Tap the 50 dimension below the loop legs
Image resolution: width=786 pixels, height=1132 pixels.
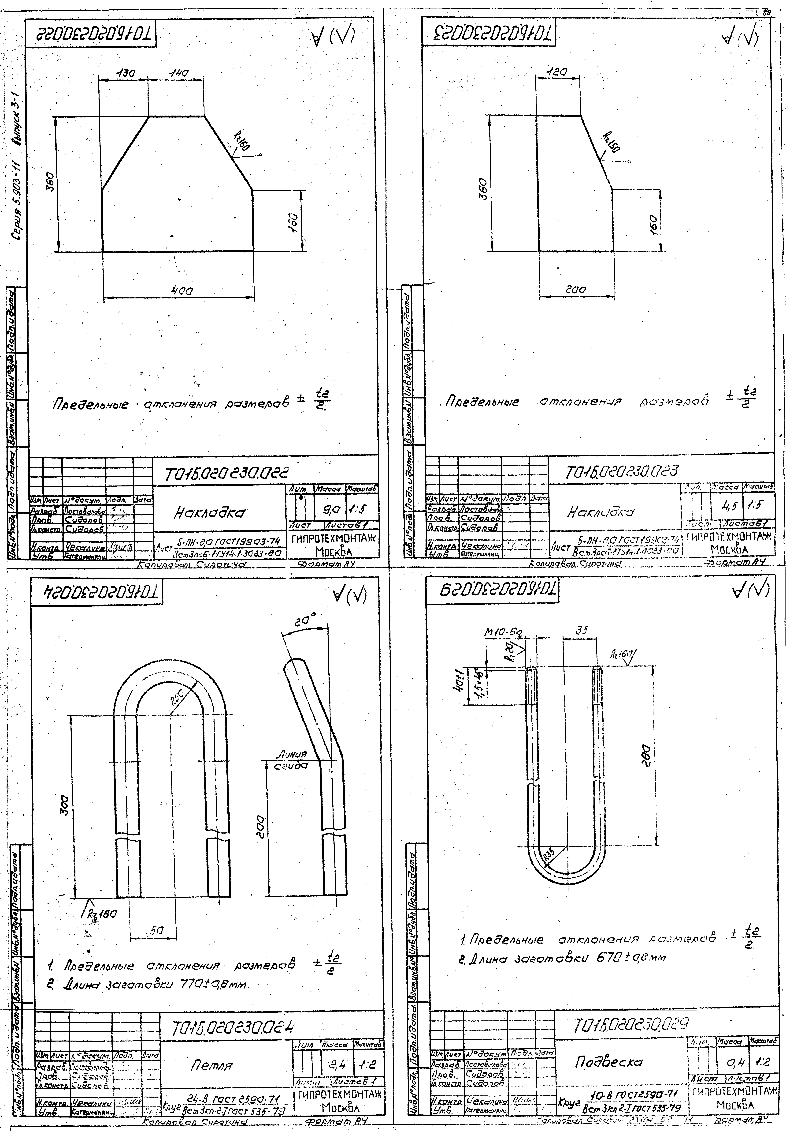coord(157,931)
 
